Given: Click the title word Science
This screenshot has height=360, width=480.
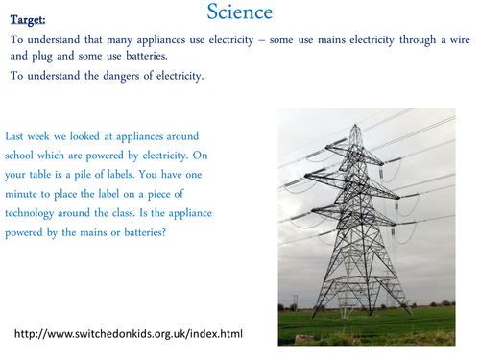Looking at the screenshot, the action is coord(239,12).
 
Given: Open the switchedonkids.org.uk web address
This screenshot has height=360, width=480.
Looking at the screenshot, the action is coord(129,333).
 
